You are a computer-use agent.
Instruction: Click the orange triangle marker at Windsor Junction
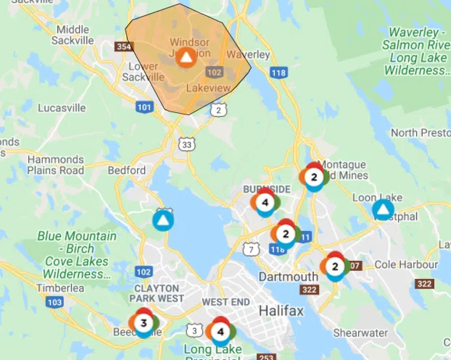pos(186,58)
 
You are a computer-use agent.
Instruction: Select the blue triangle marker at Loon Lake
pos(382,210)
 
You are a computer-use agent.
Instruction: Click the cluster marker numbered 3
pos(144,322)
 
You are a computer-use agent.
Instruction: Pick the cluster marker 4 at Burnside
pos(265,202)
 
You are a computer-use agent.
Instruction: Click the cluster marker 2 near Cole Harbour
pos(335,266)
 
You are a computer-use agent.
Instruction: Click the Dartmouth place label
pos(289,277)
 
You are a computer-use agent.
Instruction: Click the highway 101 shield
pos(145,106)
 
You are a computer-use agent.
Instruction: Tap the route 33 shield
pos(188,145)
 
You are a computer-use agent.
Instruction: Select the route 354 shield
pos(125,47)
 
